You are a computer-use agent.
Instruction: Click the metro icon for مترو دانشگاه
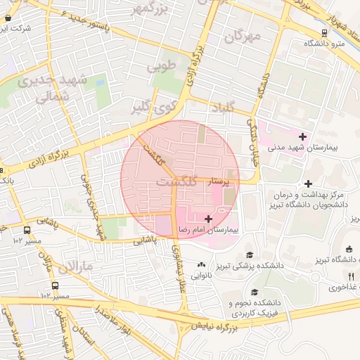323,32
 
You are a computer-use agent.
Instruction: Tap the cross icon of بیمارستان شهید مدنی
302,136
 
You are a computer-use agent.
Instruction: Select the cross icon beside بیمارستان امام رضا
207,219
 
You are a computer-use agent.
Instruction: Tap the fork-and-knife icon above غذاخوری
351,276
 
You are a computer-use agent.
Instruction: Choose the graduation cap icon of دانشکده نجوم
254,292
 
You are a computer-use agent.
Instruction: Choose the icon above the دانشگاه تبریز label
349,249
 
